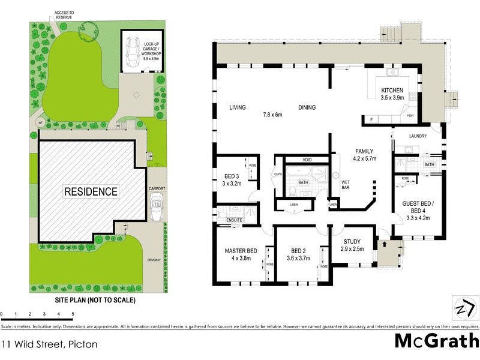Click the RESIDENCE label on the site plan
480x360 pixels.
[x=91, y=192]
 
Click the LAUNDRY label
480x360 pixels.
[x=418, y=136]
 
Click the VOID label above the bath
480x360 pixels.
[x=307, y=161]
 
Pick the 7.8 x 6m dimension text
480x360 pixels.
[x=272, y=114]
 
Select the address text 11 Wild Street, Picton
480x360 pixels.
[x=49, y=344]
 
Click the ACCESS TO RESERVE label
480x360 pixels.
[x=63, y=15]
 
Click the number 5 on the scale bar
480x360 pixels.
[x=73, y=314]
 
